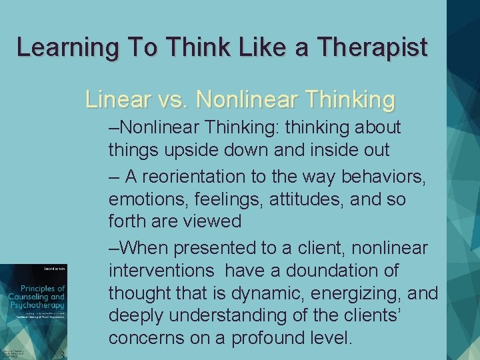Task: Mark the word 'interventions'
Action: tap(161, 271)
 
